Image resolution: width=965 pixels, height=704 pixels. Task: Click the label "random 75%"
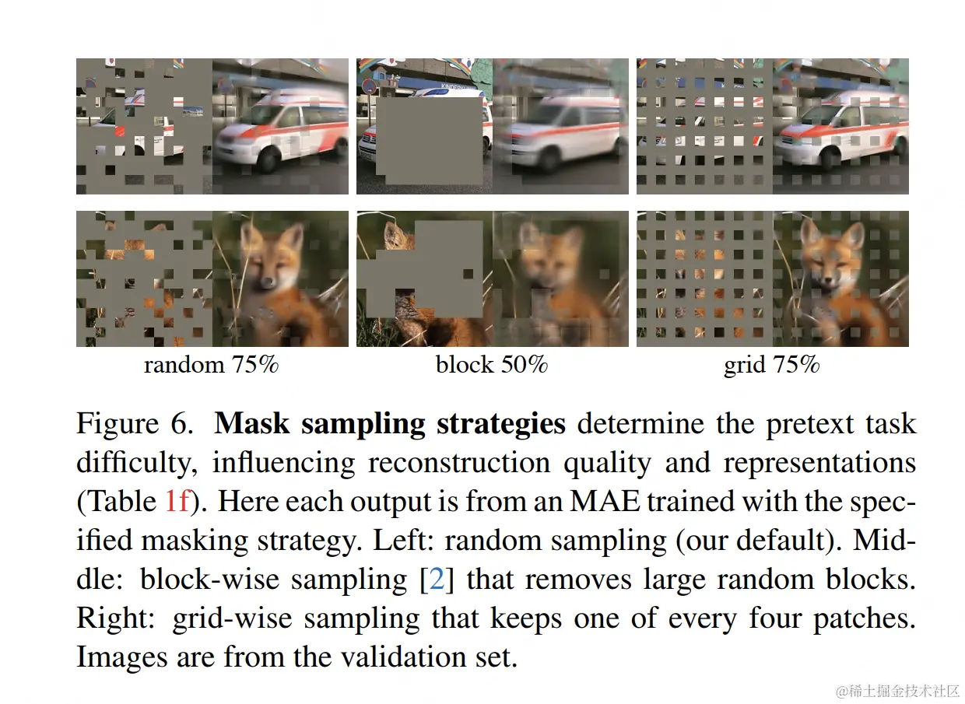click(210, 365)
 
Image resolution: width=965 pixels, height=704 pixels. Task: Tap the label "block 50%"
click(492, 365)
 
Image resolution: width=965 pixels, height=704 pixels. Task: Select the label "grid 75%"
click(772, 365)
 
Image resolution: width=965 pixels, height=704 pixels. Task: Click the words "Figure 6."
click(133, 424)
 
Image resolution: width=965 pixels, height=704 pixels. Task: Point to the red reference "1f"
click(177, 502)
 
